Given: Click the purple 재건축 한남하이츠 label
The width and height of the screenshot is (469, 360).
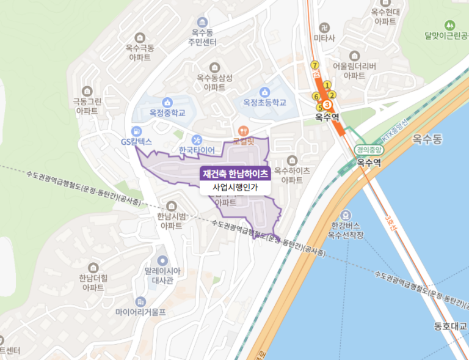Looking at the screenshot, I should pos(235,174).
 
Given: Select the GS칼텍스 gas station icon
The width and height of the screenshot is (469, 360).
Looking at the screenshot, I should pos(136,130).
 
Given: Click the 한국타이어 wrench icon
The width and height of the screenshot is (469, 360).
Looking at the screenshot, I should pos(197,139).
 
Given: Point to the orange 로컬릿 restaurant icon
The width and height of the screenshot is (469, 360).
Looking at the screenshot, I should pos(243,130).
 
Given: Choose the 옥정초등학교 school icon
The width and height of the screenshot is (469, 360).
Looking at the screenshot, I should pos(264,92).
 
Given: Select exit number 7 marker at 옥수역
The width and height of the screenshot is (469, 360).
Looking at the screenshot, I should pos(314,65).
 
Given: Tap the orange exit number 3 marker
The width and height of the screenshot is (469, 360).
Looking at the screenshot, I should pos(326,105).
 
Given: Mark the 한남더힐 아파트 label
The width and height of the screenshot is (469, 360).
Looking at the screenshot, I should pos(93,282).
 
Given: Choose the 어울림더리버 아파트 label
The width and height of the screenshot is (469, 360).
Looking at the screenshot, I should pos(354,71).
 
